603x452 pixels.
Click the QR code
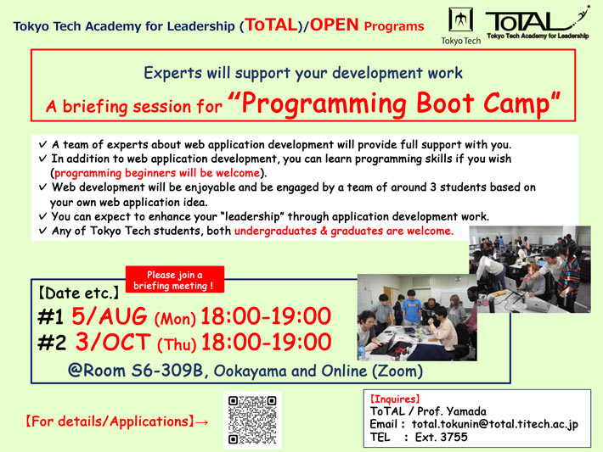pos(254,419)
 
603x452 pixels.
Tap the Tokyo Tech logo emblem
pos(459,20)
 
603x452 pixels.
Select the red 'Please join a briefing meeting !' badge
pos(174,281)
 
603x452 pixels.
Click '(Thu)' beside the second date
pos(176,343)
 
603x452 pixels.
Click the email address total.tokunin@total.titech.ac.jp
pos(495,424)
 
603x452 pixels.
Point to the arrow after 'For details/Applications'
pos(201,421)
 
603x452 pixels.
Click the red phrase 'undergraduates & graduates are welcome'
pos(344,231)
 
